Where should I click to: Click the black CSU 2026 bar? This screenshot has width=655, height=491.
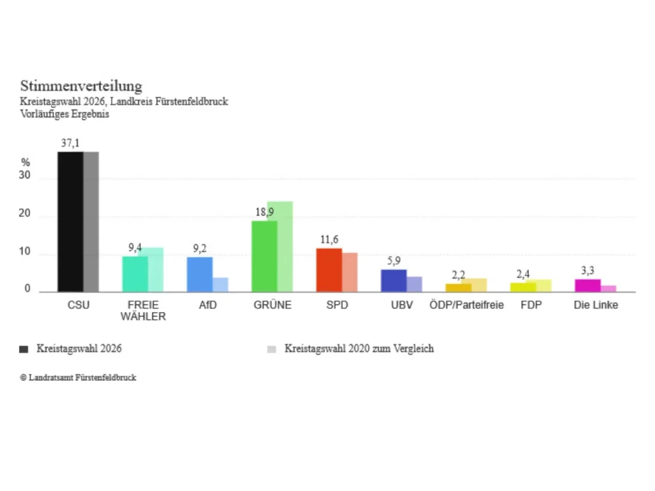pyautogui.click(x=70, y=222)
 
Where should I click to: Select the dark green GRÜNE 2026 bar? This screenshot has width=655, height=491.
pyautogui.click(x=264, y=256)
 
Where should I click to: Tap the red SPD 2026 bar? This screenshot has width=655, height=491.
pyautogui.click(x=329, y=270)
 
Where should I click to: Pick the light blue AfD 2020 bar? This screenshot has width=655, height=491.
pyautogui.click(x=220, y=284)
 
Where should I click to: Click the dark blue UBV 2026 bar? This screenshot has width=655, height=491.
pyautogui.click(x=393, y=281)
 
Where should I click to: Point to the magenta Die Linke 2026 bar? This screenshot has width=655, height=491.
pyautogui.click(x=587, y=286)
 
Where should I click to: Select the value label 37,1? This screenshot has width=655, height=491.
pyautogui.click(x=70, y=143)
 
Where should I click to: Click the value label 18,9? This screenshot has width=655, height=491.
pyautogui.click(x=264, y=212)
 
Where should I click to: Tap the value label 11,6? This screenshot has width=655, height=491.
pyautogui.click(x=329, y=240)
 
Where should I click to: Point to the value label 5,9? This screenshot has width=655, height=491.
pyautogui.click(x=393, y=261)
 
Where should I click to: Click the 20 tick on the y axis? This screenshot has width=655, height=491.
pyautogui.click(x=25, y=214)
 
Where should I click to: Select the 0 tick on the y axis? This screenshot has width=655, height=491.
pyautogui.click(x=27, y=288)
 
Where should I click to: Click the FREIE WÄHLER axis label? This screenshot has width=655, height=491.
pyautogui.click(x=143, y=311)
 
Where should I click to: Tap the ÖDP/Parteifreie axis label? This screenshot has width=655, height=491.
pyautogui.click(x=466, y=305)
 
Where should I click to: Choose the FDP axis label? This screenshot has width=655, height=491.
pyautogui.click(x=531, y=305)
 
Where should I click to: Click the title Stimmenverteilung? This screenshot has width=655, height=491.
pyautogui.click(x=81, y=86)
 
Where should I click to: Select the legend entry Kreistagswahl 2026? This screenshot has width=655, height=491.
pyautogui.click(x=70, y=348)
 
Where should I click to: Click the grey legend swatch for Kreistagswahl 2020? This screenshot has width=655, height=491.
pyautogui.click(x=271, y=349)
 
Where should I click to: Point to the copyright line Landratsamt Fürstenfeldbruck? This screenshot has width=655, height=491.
pyautogui.click(x=78, y=377)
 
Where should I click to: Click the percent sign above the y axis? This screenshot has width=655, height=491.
pyautogui.click(x=26, y=162)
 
